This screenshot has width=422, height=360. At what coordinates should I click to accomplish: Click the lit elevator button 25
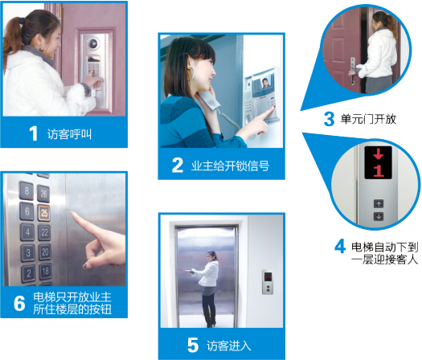point(44,213)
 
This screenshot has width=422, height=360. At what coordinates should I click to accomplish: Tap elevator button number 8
point(27,191)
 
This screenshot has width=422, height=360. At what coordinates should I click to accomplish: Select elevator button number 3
point(28,252)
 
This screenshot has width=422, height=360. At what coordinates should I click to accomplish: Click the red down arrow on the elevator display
point(378,153)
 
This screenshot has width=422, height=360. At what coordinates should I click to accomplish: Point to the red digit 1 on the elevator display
point(379,170)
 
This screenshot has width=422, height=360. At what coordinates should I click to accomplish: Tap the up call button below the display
point(379,203)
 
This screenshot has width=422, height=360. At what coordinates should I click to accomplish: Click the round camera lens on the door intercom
point(93,43)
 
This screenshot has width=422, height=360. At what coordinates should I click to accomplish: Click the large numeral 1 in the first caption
point(33,133)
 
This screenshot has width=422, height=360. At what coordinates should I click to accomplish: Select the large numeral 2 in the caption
point(178,166)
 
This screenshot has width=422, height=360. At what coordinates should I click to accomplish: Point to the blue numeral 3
point(329,119)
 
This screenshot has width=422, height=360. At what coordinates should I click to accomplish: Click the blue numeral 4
point(340,246)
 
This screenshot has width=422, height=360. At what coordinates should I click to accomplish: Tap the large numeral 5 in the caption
point(193,346)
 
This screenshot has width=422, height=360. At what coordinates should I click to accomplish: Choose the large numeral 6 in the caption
point(19,304)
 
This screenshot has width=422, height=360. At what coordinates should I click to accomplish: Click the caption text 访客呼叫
point(69,134)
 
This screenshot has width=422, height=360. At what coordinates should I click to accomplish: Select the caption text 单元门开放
point(368,119)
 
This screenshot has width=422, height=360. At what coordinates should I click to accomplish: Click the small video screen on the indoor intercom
point(264,84)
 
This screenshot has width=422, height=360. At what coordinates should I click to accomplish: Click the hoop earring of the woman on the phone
point(192,74)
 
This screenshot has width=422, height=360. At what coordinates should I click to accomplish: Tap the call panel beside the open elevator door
point(268,282)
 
